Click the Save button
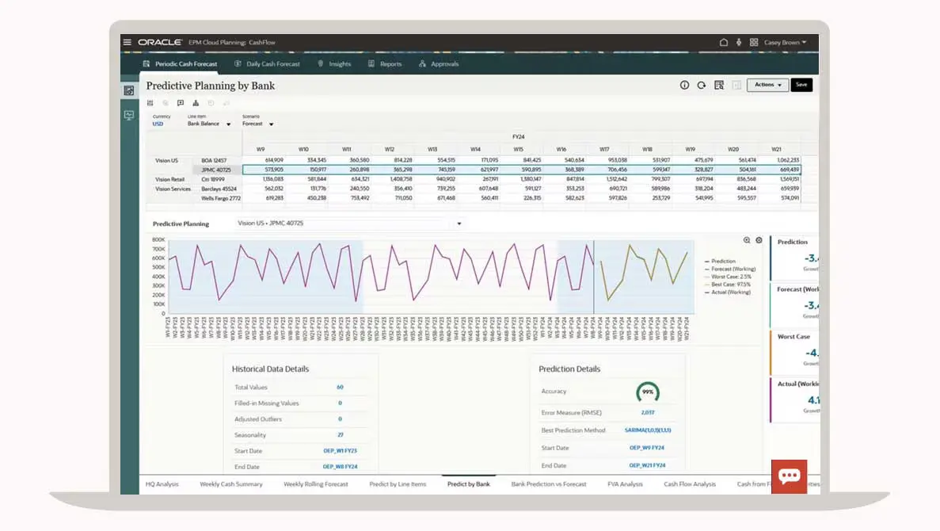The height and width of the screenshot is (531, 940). (x=801, y=85)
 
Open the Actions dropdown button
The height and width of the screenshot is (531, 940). (x=767, y=85)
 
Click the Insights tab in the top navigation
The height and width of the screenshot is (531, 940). (x=334, y=64)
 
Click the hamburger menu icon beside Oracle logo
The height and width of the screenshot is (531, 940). (x=127, y=42)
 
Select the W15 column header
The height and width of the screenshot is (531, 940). (x=518, y=149)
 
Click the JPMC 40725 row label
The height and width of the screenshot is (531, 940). (x=215, y=170)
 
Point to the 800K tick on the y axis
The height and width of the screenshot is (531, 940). (x=158, y=239)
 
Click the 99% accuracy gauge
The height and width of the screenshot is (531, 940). (x=647, y=392)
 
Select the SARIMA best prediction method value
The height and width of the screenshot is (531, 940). (x=647, y=430)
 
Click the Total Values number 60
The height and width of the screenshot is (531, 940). (x=340, y=388)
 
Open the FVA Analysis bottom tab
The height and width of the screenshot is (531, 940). (x=625, y=484)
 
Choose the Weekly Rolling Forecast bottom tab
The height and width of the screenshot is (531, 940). (x=315, y=484)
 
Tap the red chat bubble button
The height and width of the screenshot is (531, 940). (x=789, y=476)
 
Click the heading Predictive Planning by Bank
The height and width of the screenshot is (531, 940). (x=211, y=86)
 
